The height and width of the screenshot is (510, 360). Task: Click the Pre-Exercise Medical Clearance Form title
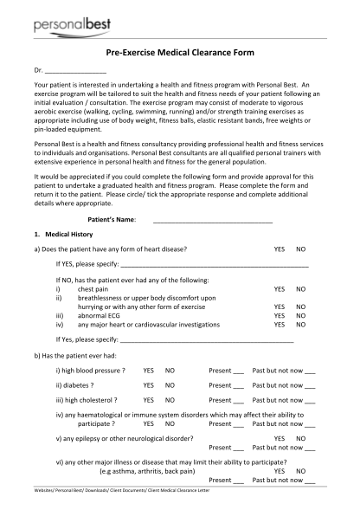(180, 53)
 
